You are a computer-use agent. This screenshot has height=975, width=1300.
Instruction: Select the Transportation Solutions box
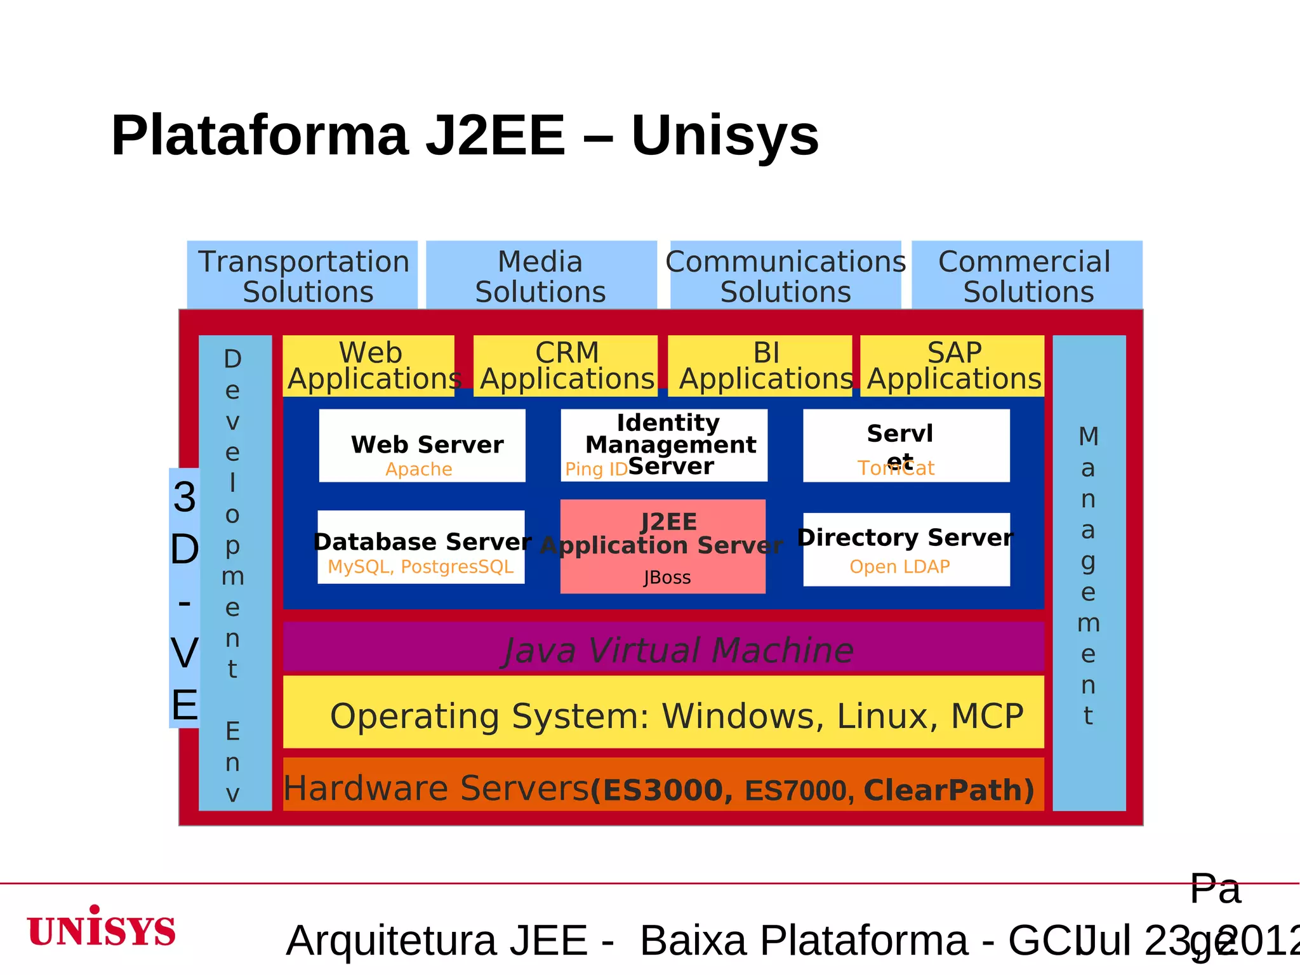click(x=303, y=275)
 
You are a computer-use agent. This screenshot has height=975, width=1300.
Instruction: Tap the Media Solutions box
click(x=541, y=275)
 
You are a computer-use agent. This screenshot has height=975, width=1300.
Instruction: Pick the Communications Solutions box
click(x=785, y=275)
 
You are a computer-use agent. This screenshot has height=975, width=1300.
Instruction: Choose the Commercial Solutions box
click(x=1027, y=275)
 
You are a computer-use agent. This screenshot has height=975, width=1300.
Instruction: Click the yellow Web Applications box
click(x=369, y=366)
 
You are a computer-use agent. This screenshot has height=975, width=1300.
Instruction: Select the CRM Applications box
click(x=566, y=366)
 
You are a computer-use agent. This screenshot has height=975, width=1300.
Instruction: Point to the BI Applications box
click(x=760, y=366)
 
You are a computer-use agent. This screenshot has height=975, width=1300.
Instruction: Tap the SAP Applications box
click(x=952, y=366)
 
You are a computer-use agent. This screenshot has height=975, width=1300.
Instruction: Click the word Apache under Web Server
click(x=419, y=469)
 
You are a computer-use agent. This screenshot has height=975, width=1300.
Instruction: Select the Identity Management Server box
click(x=664, y=444)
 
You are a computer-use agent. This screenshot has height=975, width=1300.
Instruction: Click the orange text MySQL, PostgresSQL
click(x=420, y=566)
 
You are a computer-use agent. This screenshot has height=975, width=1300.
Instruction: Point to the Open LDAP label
click(x=899, y=566)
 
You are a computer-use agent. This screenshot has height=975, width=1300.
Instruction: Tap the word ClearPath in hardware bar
click(x=948, y=790)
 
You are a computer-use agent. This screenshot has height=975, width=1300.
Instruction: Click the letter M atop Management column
click(x=1089, y=437)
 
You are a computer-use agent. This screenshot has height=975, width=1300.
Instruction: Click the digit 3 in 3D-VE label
click(x=185, y=497)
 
